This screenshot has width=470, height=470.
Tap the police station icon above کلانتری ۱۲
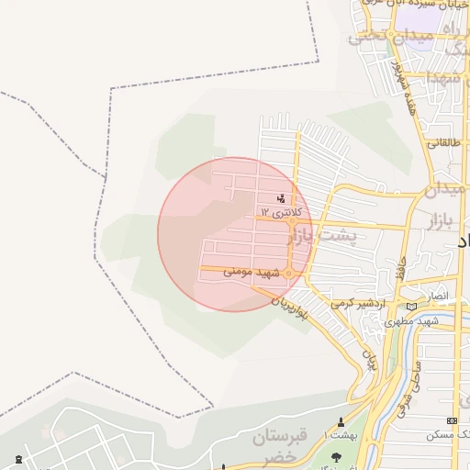pyautogui.click(x=281, y=198)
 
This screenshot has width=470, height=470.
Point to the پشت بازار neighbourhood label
pyautogui.click(x=327, y=236)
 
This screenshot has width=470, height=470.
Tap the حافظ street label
pyautogui.click(x=400, y=268)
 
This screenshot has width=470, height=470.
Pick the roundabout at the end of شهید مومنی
pyautogui.click(x=289, y=274)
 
